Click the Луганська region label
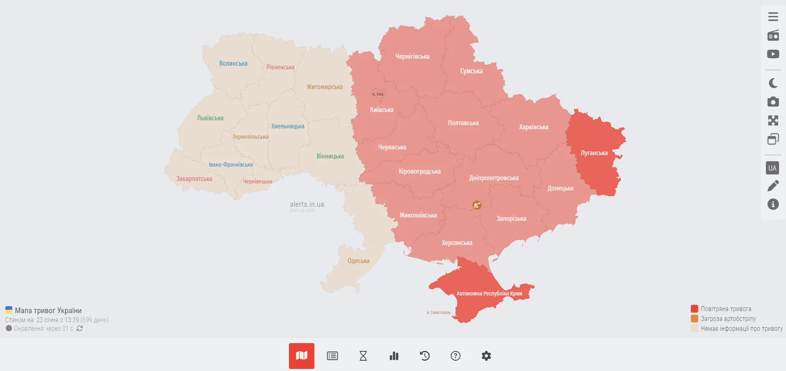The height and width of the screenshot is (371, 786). [x=594, y=153]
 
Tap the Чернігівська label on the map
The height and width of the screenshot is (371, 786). [x=412, y=57]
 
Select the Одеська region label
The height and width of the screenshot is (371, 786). [x=358, y=261]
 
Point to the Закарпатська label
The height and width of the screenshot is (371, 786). [x=194, y=179]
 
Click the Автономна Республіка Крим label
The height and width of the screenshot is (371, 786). [x=489, y=293]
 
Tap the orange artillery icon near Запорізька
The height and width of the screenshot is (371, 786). [x=477, y=205]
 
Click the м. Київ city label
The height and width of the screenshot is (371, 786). [x=378, y=94]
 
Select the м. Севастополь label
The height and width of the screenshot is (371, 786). [x=438, y=313]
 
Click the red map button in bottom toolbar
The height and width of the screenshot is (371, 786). [x=301, y=356]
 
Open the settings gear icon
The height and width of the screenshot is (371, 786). [x=486, y=356]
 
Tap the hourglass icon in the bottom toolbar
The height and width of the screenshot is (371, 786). [x=363, y=356]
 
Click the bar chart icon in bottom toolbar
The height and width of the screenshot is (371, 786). [x=394, y=356]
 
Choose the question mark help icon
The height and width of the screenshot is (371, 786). [x=455, y=356]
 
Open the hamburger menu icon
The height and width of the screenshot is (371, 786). [x=773, y=16]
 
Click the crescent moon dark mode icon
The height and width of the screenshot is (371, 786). [x=773, y=83]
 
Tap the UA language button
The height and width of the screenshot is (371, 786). [x=772, y=168]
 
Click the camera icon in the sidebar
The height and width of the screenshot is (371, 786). [x=773, y=102]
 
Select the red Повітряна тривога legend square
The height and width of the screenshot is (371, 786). [x=694, y=309]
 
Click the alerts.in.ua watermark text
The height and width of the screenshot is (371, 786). [x=307, y=204]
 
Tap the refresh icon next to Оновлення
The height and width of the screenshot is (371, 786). [x=80, y=328]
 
